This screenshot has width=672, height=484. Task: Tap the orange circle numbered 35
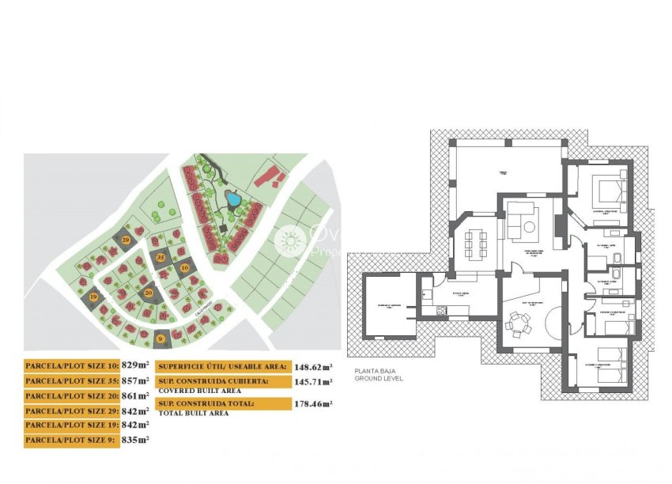click(160, 257)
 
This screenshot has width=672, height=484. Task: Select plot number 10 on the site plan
click(186, 268)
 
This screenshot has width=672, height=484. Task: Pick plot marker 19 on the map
click(93, 297)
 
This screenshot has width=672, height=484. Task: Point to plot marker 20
click(149, 292)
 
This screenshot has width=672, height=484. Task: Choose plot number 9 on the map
click(161, 338)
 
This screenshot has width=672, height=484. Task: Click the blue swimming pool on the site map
click(233, 199)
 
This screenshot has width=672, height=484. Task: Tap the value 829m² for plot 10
click(135, 365)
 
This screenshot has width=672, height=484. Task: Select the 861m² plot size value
click(136, 395)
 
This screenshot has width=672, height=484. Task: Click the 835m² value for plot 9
click(136, 440)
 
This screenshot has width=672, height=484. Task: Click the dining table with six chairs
click(476, 244)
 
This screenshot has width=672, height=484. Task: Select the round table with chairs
click(518, 321)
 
